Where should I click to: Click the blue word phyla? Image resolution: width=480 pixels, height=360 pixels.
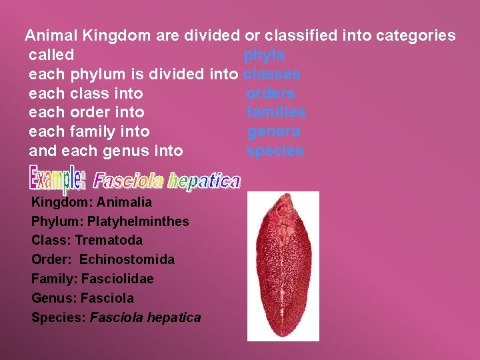tap(265, 55)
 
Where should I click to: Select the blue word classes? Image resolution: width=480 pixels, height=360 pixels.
tap(273, 74)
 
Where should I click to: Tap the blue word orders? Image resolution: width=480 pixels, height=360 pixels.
tap(271, 93)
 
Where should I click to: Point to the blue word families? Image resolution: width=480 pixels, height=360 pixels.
tap(276, 113)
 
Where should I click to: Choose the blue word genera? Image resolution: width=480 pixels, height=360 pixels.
tap(274, 132)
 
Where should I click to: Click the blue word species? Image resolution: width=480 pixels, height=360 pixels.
tap(275, 151)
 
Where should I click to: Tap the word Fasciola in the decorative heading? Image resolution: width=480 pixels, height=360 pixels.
tap(128, 181)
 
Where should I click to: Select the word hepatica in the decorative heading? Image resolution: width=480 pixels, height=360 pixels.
tap(204, 181)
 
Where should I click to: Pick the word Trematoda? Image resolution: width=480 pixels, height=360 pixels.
tap(109, 240)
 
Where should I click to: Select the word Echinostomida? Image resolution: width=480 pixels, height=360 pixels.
tap(127, 259)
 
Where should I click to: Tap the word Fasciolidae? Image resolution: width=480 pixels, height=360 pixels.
tap(117, 279)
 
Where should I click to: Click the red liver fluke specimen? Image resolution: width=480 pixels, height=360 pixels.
tap(283, 265)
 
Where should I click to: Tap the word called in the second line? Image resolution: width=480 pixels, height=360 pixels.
tap(51, 55)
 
